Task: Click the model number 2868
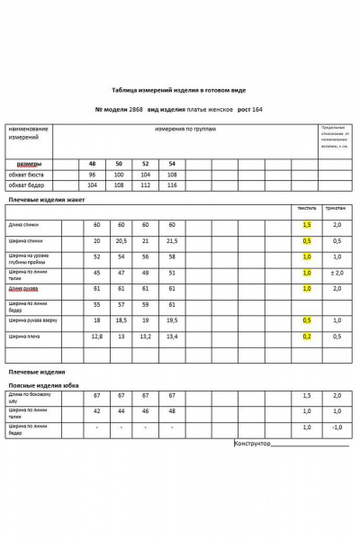click(136, 108)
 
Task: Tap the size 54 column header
click(171, 163)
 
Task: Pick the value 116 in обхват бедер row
click(171, 184)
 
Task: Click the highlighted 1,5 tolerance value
click(307, 224)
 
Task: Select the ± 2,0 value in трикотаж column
click(337, 273)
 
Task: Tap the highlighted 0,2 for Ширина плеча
click(307, 336)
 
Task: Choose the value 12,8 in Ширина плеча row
click(97, 336)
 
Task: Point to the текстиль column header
click(307, 208)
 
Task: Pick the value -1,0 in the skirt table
click(337, 427)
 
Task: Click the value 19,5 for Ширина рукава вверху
click(171, 319)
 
